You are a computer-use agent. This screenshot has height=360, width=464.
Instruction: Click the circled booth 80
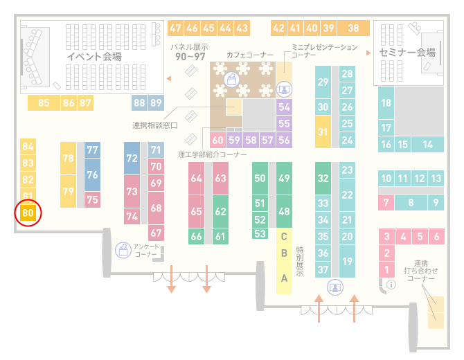(28, 213)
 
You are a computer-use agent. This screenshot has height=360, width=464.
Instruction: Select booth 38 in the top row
(354, 28)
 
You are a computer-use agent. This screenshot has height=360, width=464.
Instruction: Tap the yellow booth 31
(323, 132)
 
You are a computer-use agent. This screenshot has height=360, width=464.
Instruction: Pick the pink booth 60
(217, 140)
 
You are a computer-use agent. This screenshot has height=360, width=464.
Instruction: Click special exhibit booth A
(284, 278)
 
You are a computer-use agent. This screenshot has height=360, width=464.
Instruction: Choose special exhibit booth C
(284, 236)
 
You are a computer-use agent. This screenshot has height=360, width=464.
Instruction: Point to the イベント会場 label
(94, 56)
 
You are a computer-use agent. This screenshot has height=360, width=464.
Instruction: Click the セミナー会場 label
(407, 53)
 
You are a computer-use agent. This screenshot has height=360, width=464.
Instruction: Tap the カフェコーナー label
(250, 55)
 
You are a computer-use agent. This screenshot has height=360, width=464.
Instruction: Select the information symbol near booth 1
(391, 285)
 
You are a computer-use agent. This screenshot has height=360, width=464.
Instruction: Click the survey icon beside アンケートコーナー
(123, 250)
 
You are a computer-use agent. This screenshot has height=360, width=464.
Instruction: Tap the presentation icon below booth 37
(335, 287)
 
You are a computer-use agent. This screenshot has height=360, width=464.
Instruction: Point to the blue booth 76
(92, 174)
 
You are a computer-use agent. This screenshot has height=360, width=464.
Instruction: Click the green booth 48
(284, 211)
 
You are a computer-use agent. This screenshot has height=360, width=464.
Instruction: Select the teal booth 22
(347, 195)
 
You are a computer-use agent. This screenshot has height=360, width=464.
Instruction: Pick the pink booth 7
(386, 202)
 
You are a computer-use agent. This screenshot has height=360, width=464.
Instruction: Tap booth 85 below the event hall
(44, 102)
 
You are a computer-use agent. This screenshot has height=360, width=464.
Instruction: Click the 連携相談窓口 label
(155, 125)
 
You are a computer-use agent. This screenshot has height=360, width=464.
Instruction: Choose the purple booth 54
(284, 107)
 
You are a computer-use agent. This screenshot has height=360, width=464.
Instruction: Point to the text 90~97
(190, 57)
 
